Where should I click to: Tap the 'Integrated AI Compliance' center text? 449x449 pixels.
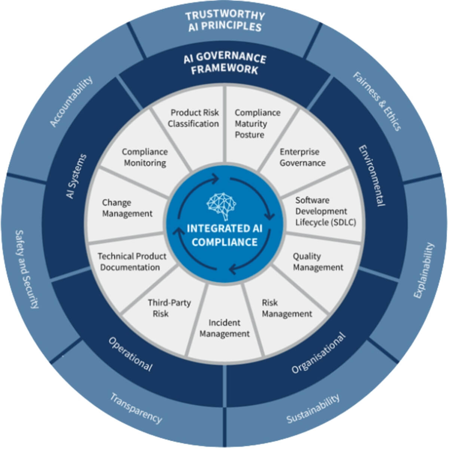pyautogui.click(x=224, y=235)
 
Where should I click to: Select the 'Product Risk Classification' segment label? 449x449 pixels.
pyautogui.click(x=193, y=118)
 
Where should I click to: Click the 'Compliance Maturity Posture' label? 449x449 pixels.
pyautogui.click(x=257, y=123)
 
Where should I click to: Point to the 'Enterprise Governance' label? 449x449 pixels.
pyautogui.click(x=302, y=157)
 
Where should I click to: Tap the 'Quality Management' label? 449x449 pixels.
pyautogui.click(x=318, y=262)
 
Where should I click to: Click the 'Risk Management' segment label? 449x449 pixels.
pyautogui.click(x=287, y=308)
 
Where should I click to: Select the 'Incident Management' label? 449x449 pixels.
pyautogui.click(x=224, y=328)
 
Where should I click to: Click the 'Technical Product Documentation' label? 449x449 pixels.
pyautogui.click(x=132, y=262)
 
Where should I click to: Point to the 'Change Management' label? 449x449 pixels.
pyautogui.click(x=127, y=208)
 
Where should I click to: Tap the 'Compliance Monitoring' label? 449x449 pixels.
pyautogui.click(x=145, y=157)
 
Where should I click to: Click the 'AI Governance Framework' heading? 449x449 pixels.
pyautogui.click(x=225, y=64)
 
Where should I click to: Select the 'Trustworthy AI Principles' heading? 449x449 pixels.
pyautogui.click(x=225, y=21)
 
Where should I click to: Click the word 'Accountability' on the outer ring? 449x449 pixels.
pyautogui.click(x=71, y=102)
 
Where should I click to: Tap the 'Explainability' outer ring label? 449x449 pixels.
pyautogui.click(x=424, y=270)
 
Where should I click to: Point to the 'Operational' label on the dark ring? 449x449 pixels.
pyautogui.click(x=130, y=354)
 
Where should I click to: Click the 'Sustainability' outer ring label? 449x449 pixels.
pyautogui.click(x=313, y=409)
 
